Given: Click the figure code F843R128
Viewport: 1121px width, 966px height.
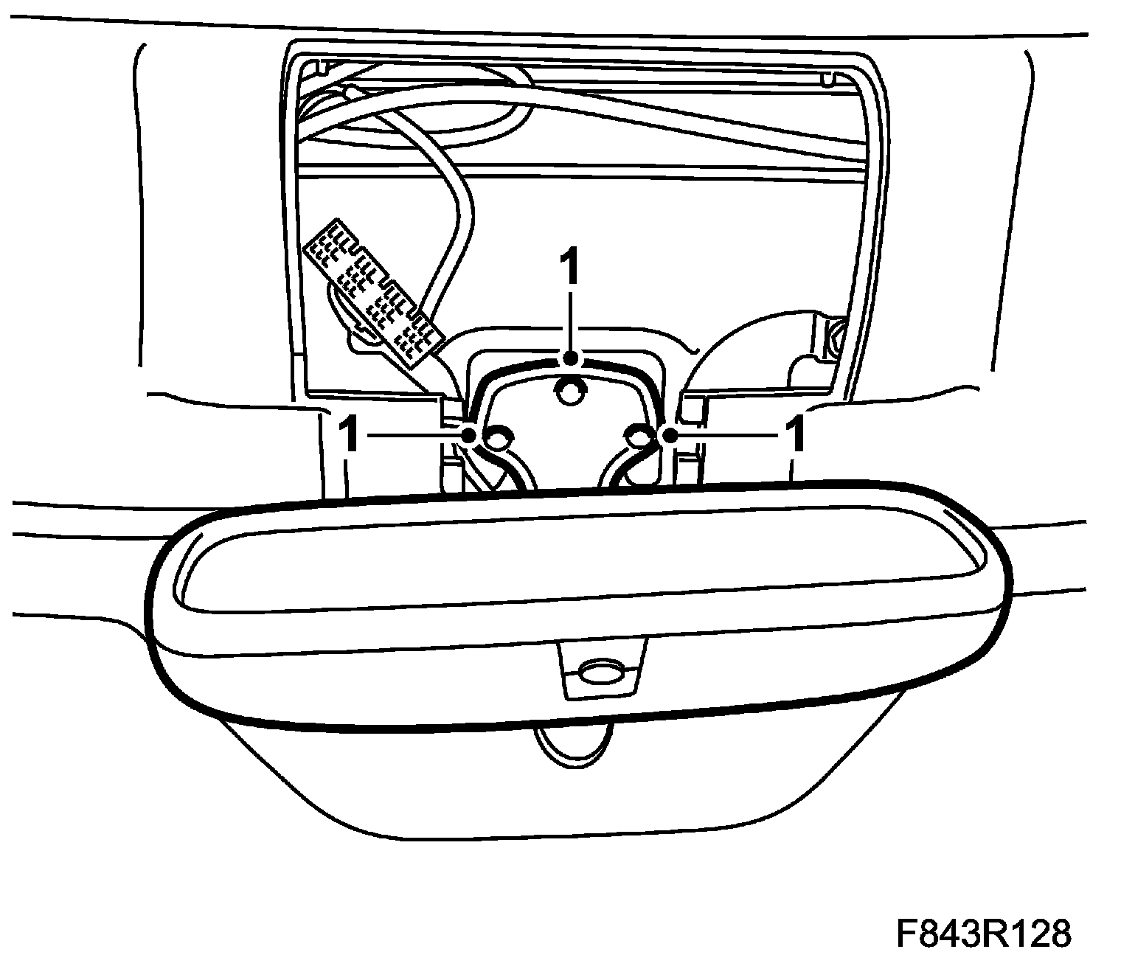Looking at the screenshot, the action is pyautogui.click(x=984, y=933).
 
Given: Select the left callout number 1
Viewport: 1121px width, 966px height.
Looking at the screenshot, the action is pyautogui.click(x=350, y=435).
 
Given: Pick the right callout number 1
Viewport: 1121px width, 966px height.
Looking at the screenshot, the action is pyautogui.click(x=795, y=435).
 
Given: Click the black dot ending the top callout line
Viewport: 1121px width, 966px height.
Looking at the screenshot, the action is pyautogui.click(x=569, y=359).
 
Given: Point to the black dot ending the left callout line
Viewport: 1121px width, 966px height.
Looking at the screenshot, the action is pyautogui.click(x=468, y=436).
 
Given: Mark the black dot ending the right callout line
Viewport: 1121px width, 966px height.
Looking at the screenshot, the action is pyautogui.click(x=670, y=435).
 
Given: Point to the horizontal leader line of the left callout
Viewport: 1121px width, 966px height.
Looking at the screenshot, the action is pyautogui.click(x=413, y=436).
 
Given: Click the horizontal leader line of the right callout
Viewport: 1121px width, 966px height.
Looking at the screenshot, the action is pyautogui.click(x=726, y=435).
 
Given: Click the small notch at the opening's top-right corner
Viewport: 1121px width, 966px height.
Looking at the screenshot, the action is pyautogui.click(x=827, y=77).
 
